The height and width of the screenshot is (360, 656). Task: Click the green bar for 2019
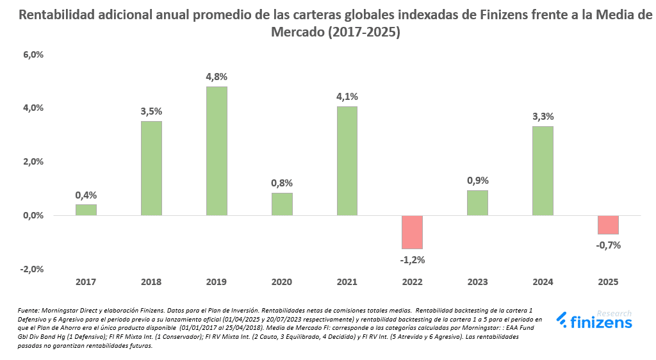point(217,151)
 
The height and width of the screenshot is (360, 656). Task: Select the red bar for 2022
point(413,232)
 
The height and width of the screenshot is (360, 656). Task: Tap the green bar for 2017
point(86,210)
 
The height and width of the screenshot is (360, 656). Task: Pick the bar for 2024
point(543,171)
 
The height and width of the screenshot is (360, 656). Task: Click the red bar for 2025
point(608,225)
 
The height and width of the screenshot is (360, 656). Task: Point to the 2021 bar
point(347,161)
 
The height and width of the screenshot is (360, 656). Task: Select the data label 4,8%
point(217,76)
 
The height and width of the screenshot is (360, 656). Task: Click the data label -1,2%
point(413,259)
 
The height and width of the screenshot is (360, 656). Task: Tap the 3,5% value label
point(151,111)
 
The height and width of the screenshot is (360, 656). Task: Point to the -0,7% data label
point(608,245)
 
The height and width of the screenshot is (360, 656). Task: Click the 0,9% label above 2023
point(477,181)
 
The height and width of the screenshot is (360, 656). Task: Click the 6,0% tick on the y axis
point(33,55)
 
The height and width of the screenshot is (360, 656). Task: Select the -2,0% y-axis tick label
point(31,269)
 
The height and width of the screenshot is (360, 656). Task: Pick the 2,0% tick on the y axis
point(33,162)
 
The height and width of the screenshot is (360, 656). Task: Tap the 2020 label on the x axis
point(282,282)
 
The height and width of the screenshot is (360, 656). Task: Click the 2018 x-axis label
point(151,282)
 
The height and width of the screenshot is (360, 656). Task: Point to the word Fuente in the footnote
point(29,311)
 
